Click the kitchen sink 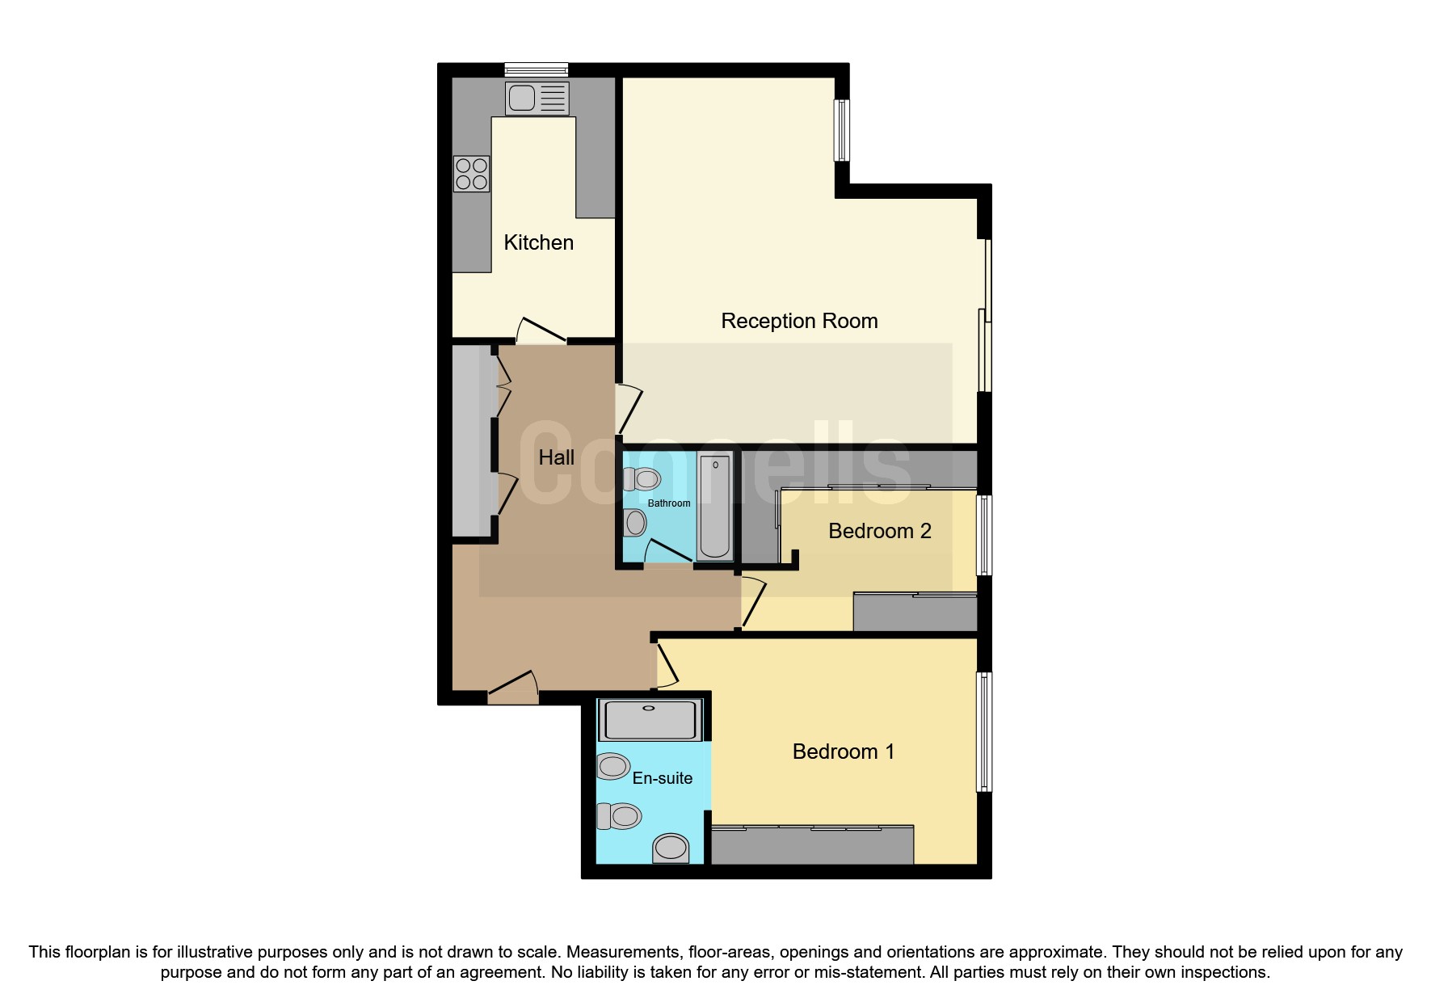(537, 98)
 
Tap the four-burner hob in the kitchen (472, 174)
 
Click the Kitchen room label (539, 242)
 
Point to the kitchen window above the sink (537, 69)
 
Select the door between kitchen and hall (541, 330)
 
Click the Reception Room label (799, 321)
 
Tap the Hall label (557, 457)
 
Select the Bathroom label (669, 503)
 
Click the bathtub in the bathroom (715, 507)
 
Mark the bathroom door (669, 552)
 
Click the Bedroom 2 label (880, 531)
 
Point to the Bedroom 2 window (984, 535)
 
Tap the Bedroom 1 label (844, 751)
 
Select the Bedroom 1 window (984, 732)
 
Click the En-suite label (663, 778)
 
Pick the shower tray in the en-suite (650, 720)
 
